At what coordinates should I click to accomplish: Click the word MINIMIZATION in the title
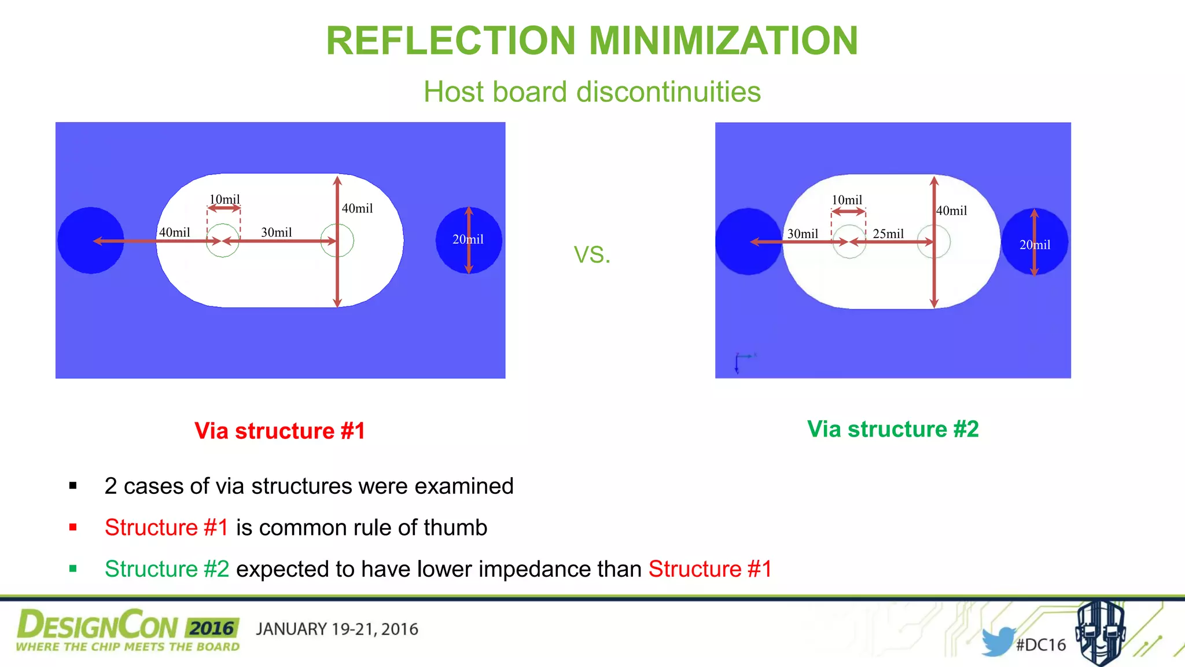[x=723, y=41]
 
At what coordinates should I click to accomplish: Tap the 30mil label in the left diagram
[x=277, y=232]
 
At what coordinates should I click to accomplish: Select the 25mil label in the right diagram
[x=888, y=234]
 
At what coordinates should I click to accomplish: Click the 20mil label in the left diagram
[x=468, y=239]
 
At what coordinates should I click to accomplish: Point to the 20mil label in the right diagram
[x=1035, y=245]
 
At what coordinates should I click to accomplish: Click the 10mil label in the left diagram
[x=225, y=199]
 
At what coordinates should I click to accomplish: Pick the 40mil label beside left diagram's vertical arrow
[x=357, y=208]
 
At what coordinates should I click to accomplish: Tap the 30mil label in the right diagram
[x=803, y=234]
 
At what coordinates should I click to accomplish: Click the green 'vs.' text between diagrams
[x=592, y=255]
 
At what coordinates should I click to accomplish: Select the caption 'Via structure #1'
[x=279, y=431]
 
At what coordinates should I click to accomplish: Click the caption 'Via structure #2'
[x=893, y=429]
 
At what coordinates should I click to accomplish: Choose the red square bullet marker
[x=73, y=527]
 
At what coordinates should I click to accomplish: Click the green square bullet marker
[x=73, y=569]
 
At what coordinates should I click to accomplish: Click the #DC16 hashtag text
[x=1041, y=645]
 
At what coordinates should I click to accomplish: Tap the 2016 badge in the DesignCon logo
[x=212, y=628]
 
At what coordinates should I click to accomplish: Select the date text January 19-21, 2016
[x=337, y=629]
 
